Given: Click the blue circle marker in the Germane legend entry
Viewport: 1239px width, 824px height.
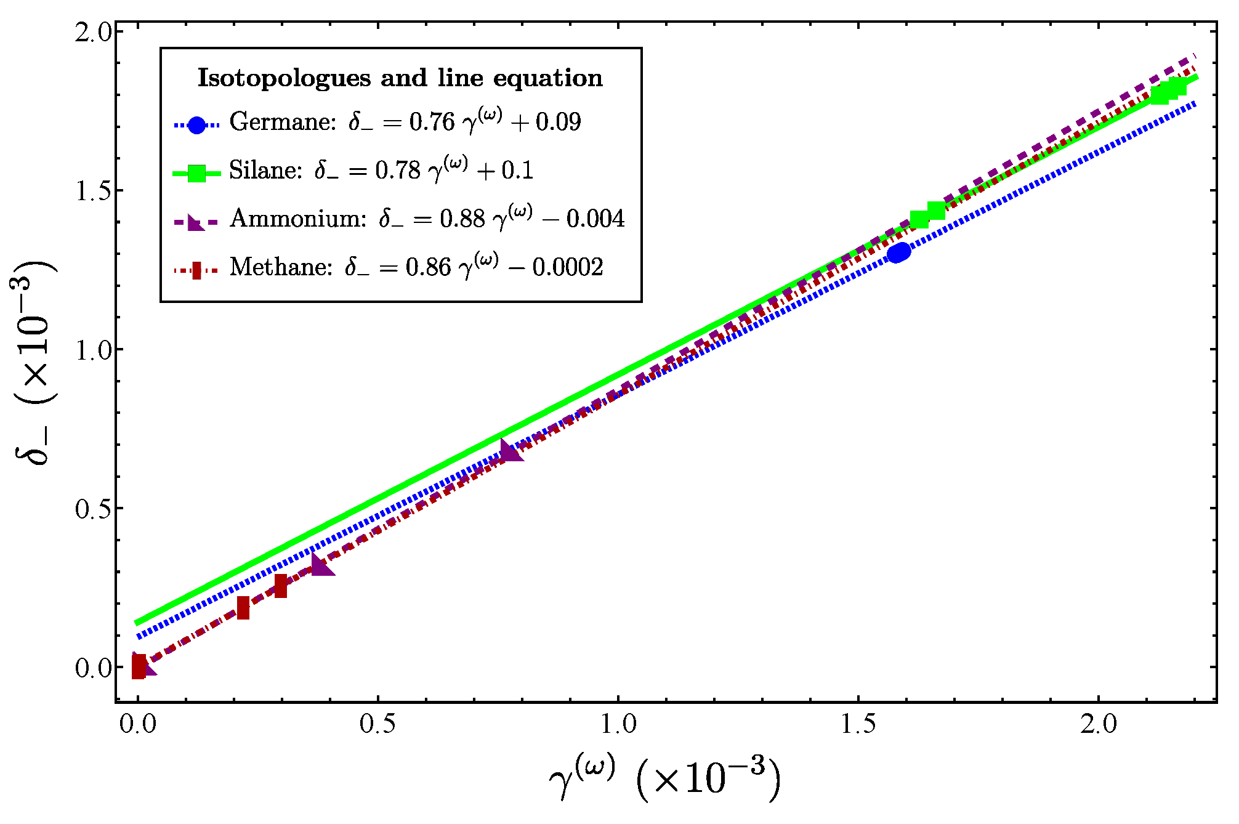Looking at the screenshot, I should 196,126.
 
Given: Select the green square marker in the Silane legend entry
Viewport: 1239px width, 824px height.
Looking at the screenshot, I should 196,174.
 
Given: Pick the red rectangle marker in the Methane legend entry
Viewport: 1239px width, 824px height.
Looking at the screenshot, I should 196,270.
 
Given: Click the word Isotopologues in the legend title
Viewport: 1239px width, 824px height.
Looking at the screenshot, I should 284,79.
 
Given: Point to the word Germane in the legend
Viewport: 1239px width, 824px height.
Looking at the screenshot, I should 283,122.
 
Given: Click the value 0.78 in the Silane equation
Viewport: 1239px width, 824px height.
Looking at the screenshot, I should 397,171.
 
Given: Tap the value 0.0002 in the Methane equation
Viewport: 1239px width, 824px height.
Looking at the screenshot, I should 567,267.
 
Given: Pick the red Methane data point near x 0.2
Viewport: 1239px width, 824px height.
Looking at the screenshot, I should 243,608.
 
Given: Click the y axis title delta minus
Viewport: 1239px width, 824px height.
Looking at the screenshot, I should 34,363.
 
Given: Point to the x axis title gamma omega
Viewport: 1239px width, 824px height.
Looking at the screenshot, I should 665,778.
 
